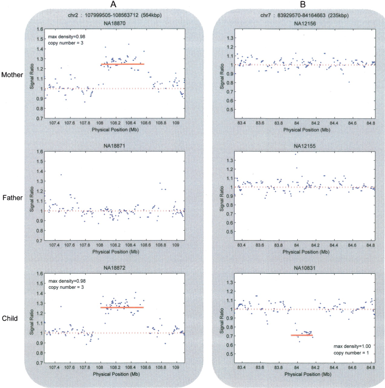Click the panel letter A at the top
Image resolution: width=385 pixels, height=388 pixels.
(113, 4)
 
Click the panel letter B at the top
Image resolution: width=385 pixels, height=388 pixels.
(303, 4)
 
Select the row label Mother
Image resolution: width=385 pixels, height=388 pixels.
(12, 75)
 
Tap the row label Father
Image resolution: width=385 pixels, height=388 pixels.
(12, 198)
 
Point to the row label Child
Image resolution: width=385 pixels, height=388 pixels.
(10, 318)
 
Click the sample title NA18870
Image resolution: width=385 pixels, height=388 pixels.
(114, 23)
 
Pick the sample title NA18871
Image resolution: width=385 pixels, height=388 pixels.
(114, 146)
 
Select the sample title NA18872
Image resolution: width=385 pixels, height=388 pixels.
(114, 268)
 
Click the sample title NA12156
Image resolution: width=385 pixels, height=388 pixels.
(305, 24)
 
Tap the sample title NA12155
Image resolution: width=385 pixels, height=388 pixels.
(305, 146)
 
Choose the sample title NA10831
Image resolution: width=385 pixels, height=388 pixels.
(305, 268)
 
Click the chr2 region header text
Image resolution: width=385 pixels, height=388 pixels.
(115, 15)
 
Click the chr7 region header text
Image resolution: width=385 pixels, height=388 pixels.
(304, 15)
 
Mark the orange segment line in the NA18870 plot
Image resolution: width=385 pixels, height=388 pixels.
(122, 64)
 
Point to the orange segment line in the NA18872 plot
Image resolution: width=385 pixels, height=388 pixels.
(122, 308)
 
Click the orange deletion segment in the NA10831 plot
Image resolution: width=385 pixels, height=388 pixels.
(302, 335)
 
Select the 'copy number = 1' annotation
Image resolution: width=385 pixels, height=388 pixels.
(351, 353)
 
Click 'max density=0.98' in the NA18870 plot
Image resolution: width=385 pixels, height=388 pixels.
(67, 37)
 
